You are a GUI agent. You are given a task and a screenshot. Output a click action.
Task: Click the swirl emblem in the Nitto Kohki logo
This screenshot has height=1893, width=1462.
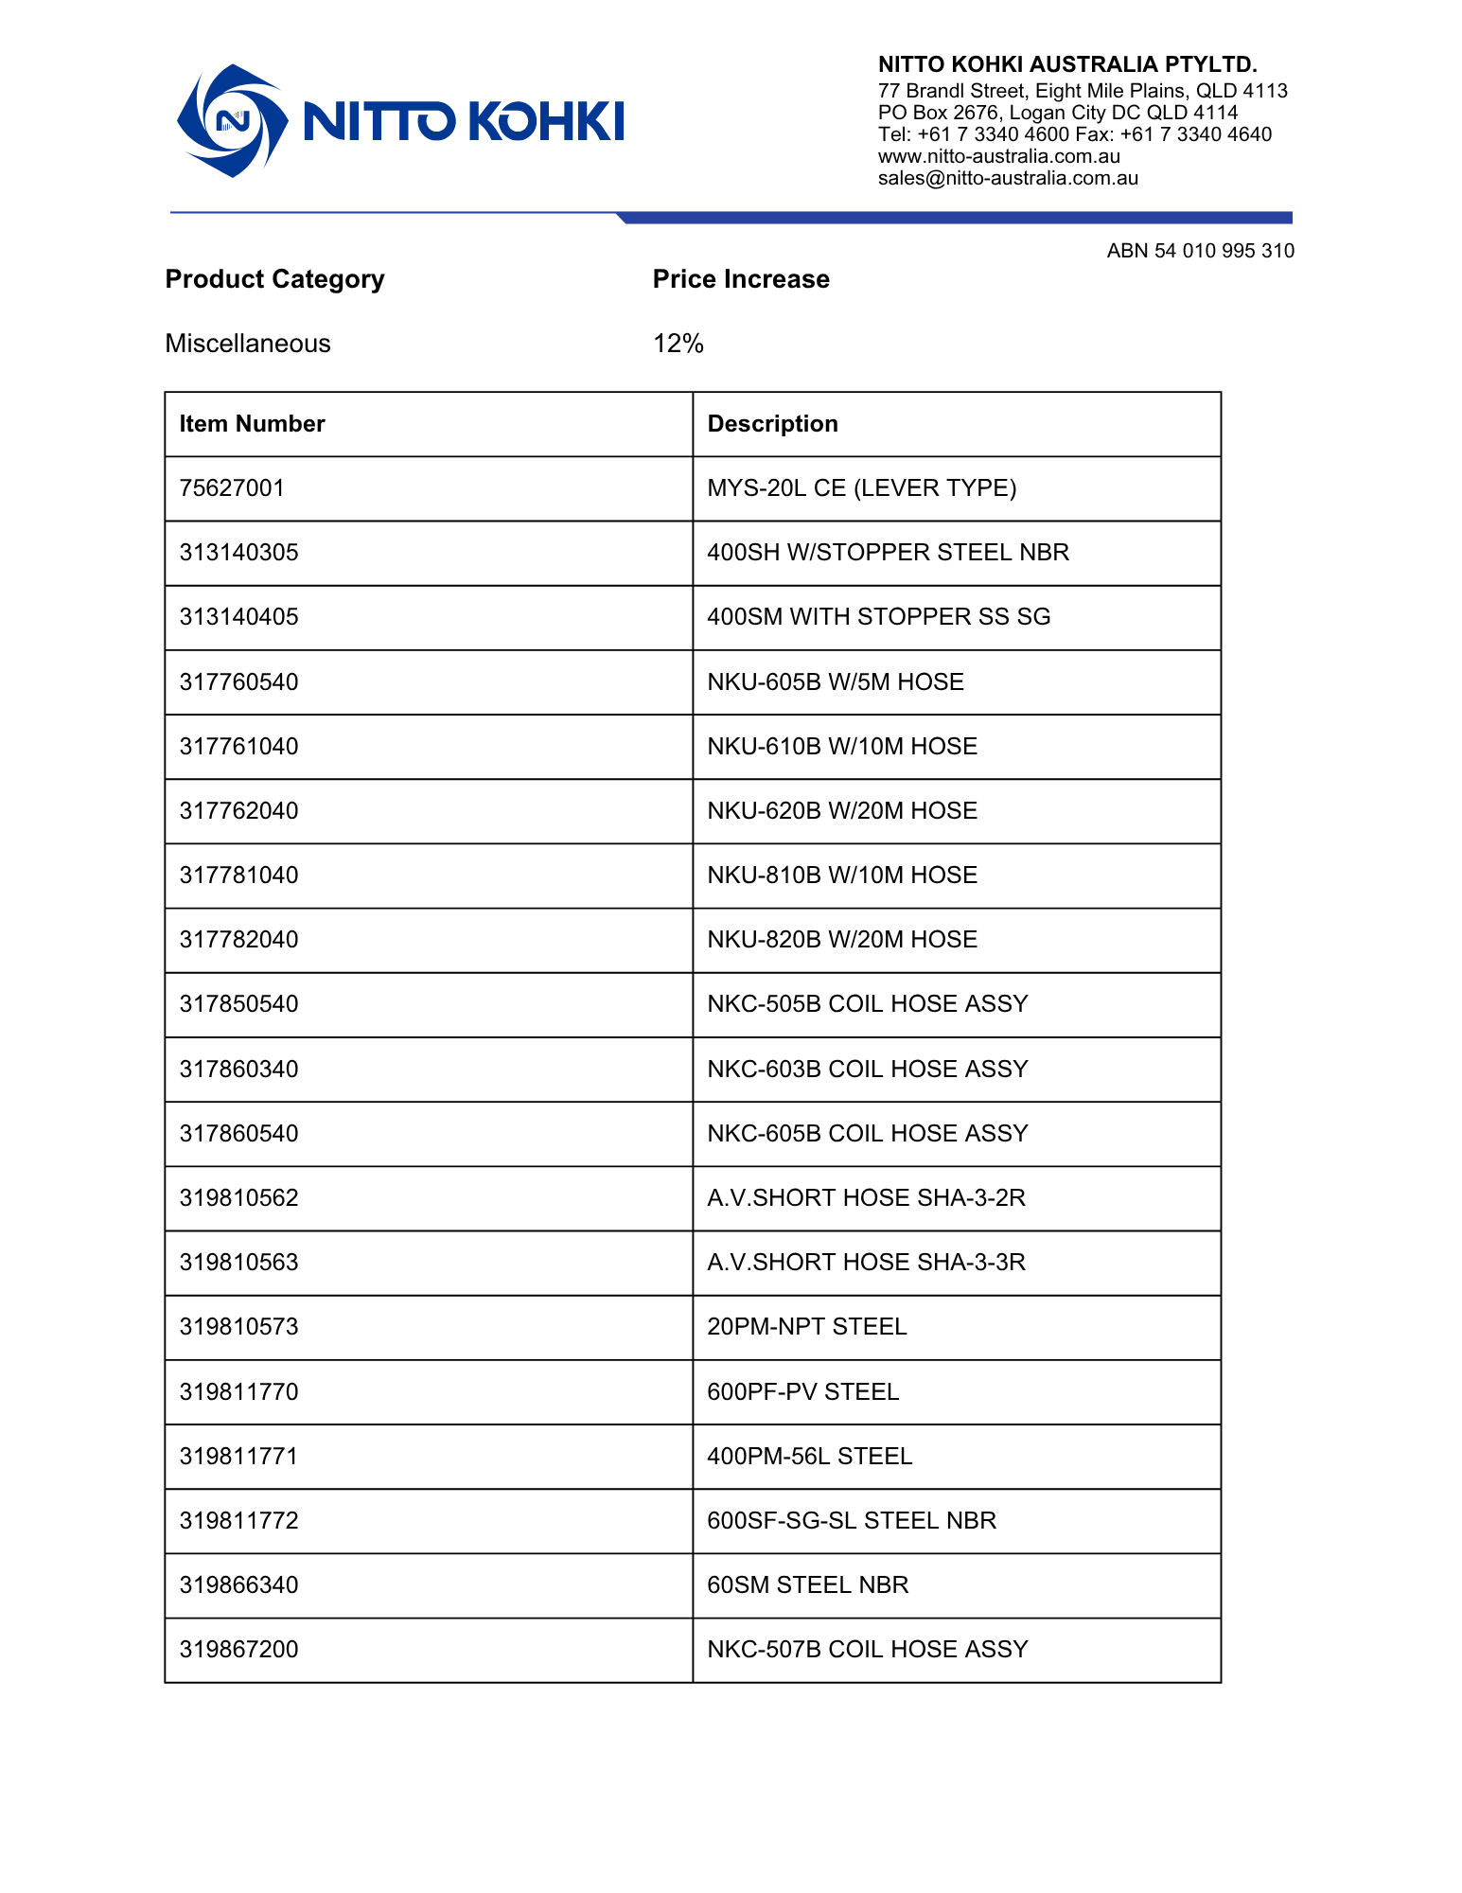click(232, 121)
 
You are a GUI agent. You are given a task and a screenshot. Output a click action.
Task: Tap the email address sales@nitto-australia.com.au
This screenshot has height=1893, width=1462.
click(1008, 178)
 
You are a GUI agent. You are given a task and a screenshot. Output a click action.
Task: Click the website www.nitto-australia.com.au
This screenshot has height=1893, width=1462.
click(998, 156)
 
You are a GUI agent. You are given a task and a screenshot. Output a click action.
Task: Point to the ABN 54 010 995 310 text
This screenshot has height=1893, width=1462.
click(1200, 251)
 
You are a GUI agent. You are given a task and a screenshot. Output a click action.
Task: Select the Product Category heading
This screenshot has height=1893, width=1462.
click(274, 279)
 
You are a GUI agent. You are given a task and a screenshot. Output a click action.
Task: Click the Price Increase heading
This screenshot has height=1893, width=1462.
click(741, 279)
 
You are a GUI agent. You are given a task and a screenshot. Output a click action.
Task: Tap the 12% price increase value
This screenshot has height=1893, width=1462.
click(678, 344)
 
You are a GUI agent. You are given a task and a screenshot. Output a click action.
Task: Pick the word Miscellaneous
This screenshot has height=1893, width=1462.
click(248, 344)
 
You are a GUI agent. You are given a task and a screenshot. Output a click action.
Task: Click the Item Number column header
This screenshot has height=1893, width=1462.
click(252, 424)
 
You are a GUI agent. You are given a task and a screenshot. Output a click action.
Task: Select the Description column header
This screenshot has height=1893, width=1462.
click(772, 424)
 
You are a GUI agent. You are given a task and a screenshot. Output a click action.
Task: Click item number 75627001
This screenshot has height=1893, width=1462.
click(232, 488)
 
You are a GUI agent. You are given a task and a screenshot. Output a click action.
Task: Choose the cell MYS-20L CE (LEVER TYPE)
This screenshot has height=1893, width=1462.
click(861, 488)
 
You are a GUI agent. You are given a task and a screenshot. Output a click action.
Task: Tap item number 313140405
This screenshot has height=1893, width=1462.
click(238, 617)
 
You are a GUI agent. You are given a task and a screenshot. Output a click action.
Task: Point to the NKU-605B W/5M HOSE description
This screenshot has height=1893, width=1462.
click(835, 681)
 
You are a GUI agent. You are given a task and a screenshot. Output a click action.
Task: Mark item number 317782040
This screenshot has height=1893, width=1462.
click(238, 940)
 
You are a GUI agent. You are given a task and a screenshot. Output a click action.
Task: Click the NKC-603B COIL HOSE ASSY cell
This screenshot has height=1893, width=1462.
click(867, 1069)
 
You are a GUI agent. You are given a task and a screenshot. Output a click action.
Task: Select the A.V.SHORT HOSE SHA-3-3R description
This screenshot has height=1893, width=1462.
click(866, 1263)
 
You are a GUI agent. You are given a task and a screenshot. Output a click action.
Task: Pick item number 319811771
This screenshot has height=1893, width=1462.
click(238, 1456)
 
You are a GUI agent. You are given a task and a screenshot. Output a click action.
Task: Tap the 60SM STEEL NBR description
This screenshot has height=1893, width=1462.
click(807, 1585)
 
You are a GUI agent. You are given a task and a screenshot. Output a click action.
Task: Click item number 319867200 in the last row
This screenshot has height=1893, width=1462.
click(238, 1650)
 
